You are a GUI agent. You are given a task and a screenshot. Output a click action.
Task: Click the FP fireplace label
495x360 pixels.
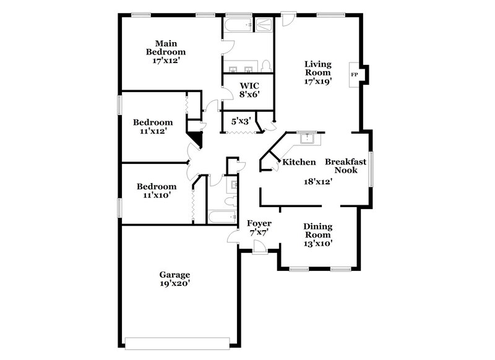tap(355, 75)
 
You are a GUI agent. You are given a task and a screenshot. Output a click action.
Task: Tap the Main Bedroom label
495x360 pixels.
tap(166, 52)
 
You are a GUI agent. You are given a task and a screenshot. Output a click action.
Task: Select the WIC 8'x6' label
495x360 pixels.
tap(249, 89)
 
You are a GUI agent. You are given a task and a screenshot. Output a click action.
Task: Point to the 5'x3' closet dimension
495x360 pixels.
tap(240, 121)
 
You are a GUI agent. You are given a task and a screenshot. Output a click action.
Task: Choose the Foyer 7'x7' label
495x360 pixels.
tap(259, 227)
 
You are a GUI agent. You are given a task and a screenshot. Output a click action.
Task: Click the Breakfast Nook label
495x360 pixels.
tap(346, 166)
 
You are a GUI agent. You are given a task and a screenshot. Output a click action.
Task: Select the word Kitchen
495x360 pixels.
tap(299, 162)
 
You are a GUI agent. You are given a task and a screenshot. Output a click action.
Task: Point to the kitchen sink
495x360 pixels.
tap(306, 139)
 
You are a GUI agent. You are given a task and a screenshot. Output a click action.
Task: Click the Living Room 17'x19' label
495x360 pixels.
tap(318, 72)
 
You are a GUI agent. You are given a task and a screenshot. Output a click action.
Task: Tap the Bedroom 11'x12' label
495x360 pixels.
tap(153, 126)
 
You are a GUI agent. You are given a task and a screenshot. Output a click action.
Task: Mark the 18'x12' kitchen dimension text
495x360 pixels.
tap(318, 182)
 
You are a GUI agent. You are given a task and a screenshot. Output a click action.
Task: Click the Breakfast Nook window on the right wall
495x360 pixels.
tap(370, 168)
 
